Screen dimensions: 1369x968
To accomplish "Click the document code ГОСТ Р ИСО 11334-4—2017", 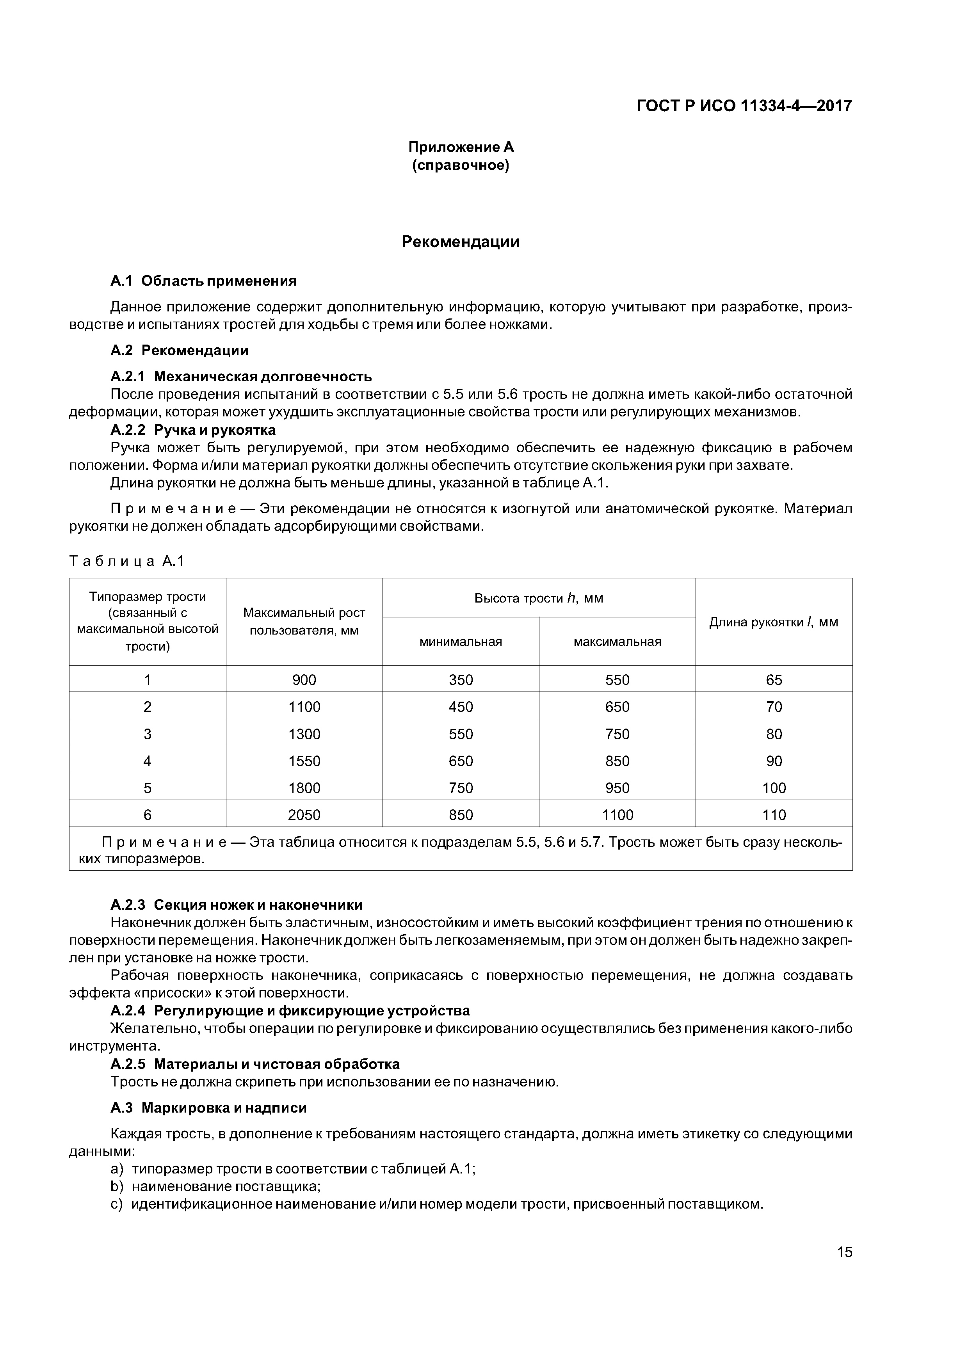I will tap(744, 106).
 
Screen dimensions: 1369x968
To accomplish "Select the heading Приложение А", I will tap(461, 147).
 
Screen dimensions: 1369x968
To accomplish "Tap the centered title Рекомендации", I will tap(461, 242).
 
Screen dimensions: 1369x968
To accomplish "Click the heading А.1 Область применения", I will tap(203, 281).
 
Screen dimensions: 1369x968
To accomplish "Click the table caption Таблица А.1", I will tap(127, 561).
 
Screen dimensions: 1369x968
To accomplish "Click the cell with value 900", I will tap(304, 680).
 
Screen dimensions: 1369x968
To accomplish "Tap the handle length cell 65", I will tap(774, 680).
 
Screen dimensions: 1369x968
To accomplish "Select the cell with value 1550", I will tap(304, 761).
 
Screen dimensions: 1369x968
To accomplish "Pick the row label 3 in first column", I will tap(147, 734).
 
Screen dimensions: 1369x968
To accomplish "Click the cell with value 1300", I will tap(304, 734).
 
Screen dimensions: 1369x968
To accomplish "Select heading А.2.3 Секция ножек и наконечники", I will tap(236, 905).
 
